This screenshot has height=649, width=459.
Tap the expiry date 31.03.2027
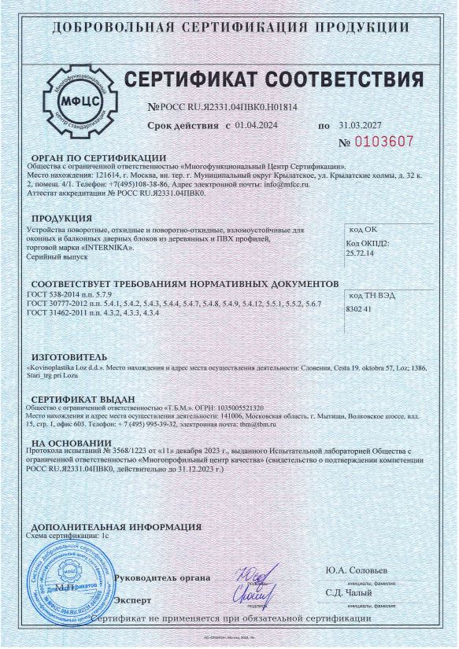[360, 125]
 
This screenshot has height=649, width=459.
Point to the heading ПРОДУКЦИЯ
[61, 217]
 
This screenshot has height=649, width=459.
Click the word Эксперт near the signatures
[133, 600]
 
